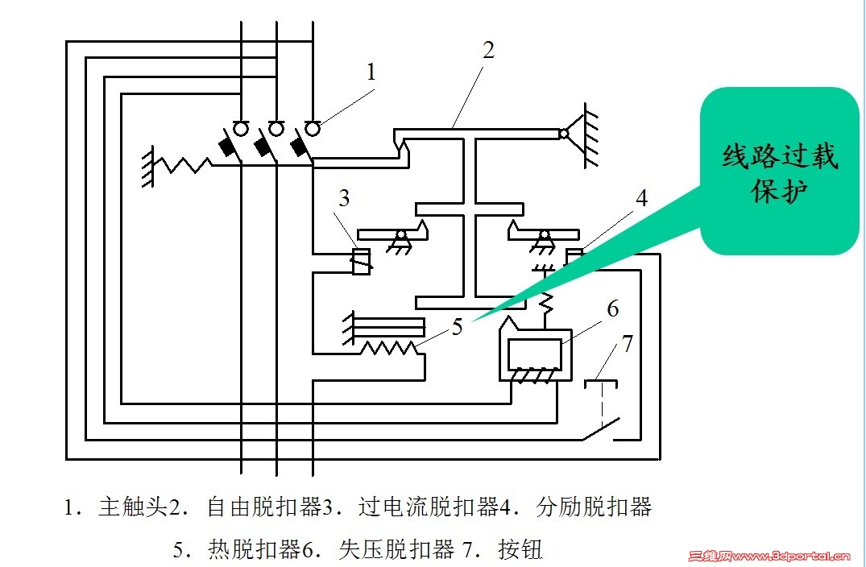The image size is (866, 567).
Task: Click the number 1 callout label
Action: (371, 72)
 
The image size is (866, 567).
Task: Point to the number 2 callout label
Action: (488, 50)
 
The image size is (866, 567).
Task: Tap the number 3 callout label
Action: (344, 199)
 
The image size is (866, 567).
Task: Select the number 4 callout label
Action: (641, 198)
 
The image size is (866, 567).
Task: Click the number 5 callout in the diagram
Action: (458, 327)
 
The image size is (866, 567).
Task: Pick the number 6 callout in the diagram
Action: (612, 308)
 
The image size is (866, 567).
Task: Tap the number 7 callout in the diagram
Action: (628, 344)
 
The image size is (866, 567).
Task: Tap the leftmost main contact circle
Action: (241, 128)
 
